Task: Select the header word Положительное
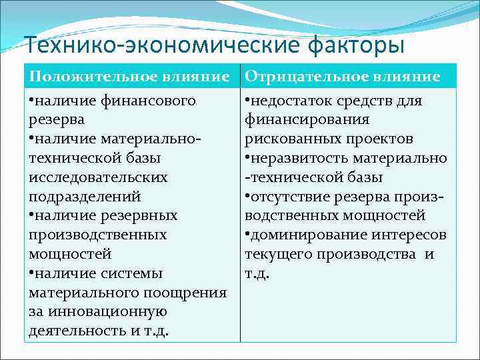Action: [x=87, y=77]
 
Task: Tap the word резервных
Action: [x=139, y=216]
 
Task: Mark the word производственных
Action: [x=97, y=235]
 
